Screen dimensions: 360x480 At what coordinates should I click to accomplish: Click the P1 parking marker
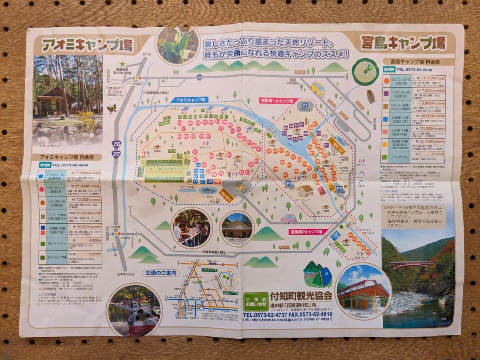tap(305, 105)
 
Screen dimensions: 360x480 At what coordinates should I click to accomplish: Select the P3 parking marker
tap(289, 184)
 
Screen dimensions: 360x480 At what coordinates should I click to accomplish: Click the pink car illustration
tap(288, 218)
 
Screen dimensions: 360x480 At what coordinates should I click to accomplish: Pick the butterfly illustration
tap(112, 109)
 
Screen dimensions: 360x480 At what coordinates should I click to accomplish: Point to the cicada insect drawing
tap(370, 96)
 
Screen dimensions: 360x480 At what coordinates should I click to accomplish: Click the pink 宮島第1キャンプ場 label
tap(276, 101)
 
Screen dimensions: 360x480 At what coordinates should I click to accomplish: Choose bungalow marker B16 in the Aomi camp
tap(190, 123)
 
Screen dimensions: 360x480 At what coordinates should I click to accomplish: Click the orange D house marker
tap(208, 171)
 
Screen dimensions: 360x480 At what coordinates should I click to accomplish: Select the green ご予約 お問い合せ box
tap(256, 302)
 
